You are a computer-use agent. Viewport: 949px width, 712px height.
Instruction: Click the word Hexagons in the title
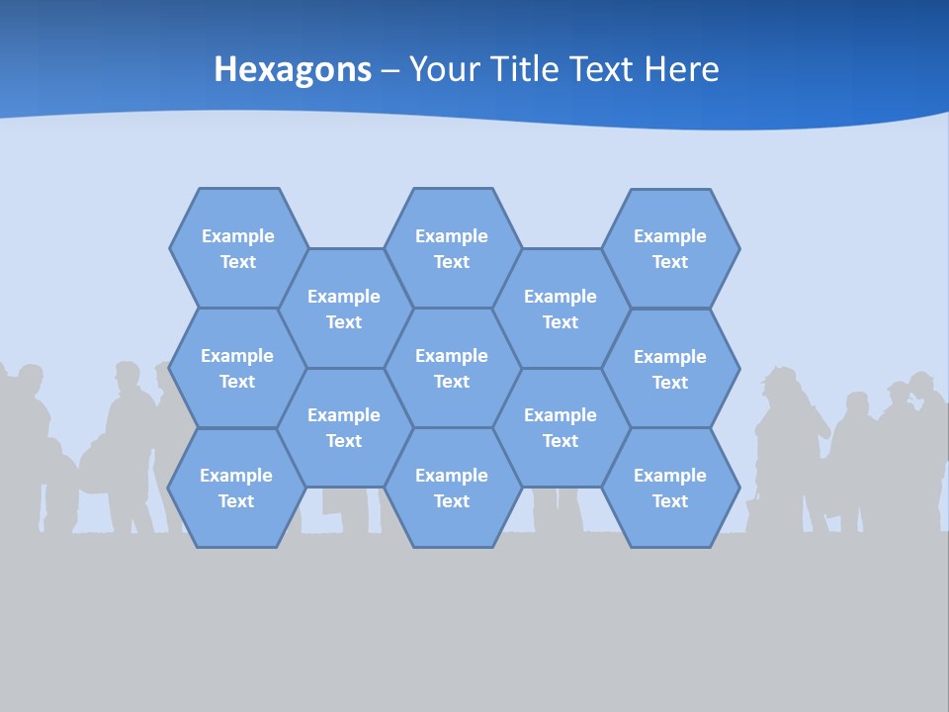click(293, 69)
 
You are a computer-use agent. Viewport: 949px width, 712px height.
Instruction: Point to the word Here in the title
click(682, 69)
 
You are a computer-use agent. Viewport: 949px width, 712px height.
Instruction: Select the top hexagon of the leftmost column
click(237, 248)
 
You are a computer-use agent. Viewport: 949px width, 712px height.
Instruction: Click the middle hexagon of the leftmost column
click(237, 368)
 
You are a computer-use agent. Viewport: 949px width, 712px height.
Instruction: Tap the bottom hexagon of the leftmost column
click(236, 488)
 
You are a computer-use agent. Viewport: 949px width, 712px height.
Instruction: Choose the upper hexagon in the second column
click(344, 309)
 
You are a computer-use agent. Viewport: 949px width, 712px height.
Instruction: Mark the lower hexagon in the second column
click(344, 427)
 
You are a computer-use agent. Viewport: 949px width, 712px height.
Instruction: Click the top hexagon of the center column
click(452, 248)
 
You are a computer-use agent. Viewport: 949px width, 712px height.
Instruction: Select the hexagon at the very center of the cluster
click(452, 368)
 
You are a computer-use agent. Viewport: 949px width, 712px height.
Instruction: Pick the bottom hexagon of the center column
click(452, 488)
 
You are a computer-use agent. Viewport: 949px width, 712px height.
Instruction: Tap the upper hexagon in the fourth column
click(561, 309)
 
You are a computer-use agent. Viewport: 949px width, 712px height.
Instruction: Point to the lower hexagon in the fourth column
click(561, 427)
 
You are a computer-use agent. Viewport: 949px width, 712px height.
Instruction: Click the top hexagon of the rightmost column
click(670, 248)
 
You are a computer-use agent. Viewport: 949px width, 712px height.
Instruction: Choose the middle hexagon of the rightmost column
click(670, 369)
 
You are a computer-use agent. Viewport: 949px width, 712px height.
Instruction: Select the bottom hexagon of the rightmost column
click(670, 488)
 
